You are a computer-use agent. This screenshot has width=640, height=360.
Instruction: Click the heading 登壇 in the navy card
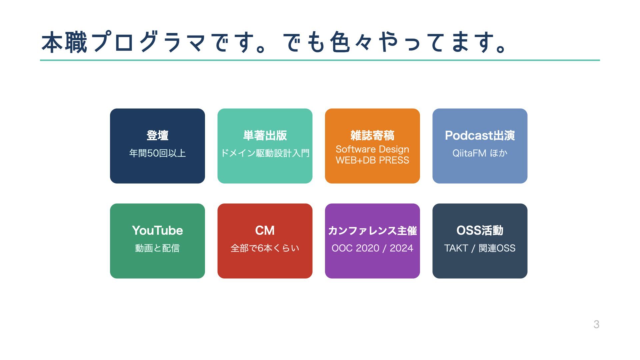coord(157,135)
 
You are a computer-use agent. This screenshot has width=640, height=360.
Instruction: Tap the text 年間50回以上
coord(157,153)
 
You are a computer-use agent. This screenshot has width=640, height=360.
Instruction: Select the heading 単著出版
coord(265,135)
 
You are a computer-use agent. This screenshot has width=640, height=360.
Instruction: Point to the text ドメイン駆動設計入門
coord(265,153)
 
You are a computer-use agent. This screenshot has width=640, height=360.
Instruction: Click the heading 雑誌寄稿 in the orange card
coord(372,135)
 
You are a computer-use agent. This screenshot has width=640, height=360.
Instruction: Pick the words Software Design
coord(372,149)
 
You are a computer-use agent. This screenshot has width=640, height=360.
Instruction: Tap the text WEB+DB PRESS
coord(372,160)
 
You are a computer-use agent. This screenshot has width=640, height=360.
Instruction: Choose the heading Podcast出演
coord(480,135)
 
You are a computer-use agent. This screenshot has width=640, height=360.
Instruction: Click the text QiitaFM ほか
coord(480,153)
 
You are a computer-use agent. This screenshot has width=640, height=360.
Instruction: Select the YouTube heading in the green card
coord(157,230)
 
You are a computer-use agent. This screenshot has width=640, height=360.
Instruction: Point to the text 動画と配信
coord(157,248)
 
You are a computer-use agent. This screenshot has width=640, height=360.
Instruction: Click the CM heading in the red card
coord(265,230)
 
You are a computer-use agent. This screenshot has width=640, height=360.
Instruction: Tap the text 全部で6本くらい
coord(265,248)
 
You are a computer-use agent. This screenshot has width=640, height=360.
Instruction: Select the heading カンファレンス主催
coord(372,230)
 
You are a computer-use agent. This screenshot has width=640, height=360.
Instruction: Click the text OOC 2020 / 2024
coord(372,248)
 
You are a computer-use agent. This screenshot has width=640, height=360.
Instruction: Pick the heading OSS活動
coord(480,230)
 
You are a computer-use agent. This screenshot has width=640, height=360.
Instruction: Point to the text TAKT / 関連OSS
coord(480,248)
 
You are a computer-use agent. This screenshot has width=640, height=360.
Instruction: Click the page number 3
coord(596,324)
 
